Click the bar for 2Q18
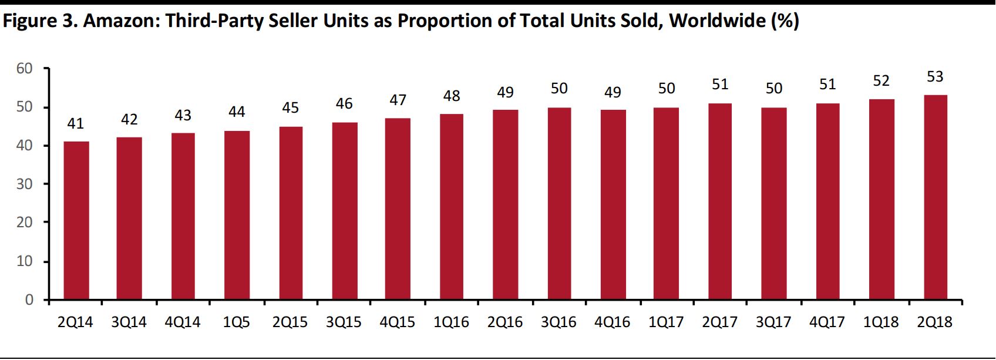pyautogui.click(x=935, y=197)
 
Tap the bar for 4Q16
pyautogui.click(x=613, y=205)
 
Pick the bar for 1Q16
pyautogui.click(x=452, y=207)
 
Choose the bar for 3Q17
pyautogui.click(x=774, y=203)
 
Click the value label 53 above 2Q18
pyautogui.click(x=935, y=77)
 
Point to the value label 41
pyautogui.click(x=75, y=124)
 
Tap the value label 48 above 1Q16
pyautogui.click(x=452, y=96)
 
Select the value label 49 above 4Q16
pyautogui.click(x=613, y=92)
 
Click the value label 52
pyautogui.click(x=881, y=81)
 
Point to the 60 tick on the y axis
pyautogui.click(x=25, y=69)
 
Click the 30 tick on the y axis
pyautogui.click(x=25, y=184)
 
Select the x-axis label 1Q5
pyautogui.click(x=236, y=322)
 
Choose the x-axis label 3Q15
pyautogui.click(x=344, y=322)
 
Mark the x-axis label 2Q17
pyautogui.click(x=720, y=322)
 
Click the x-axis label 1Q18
pyautogui.click(x=881, y=322)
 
